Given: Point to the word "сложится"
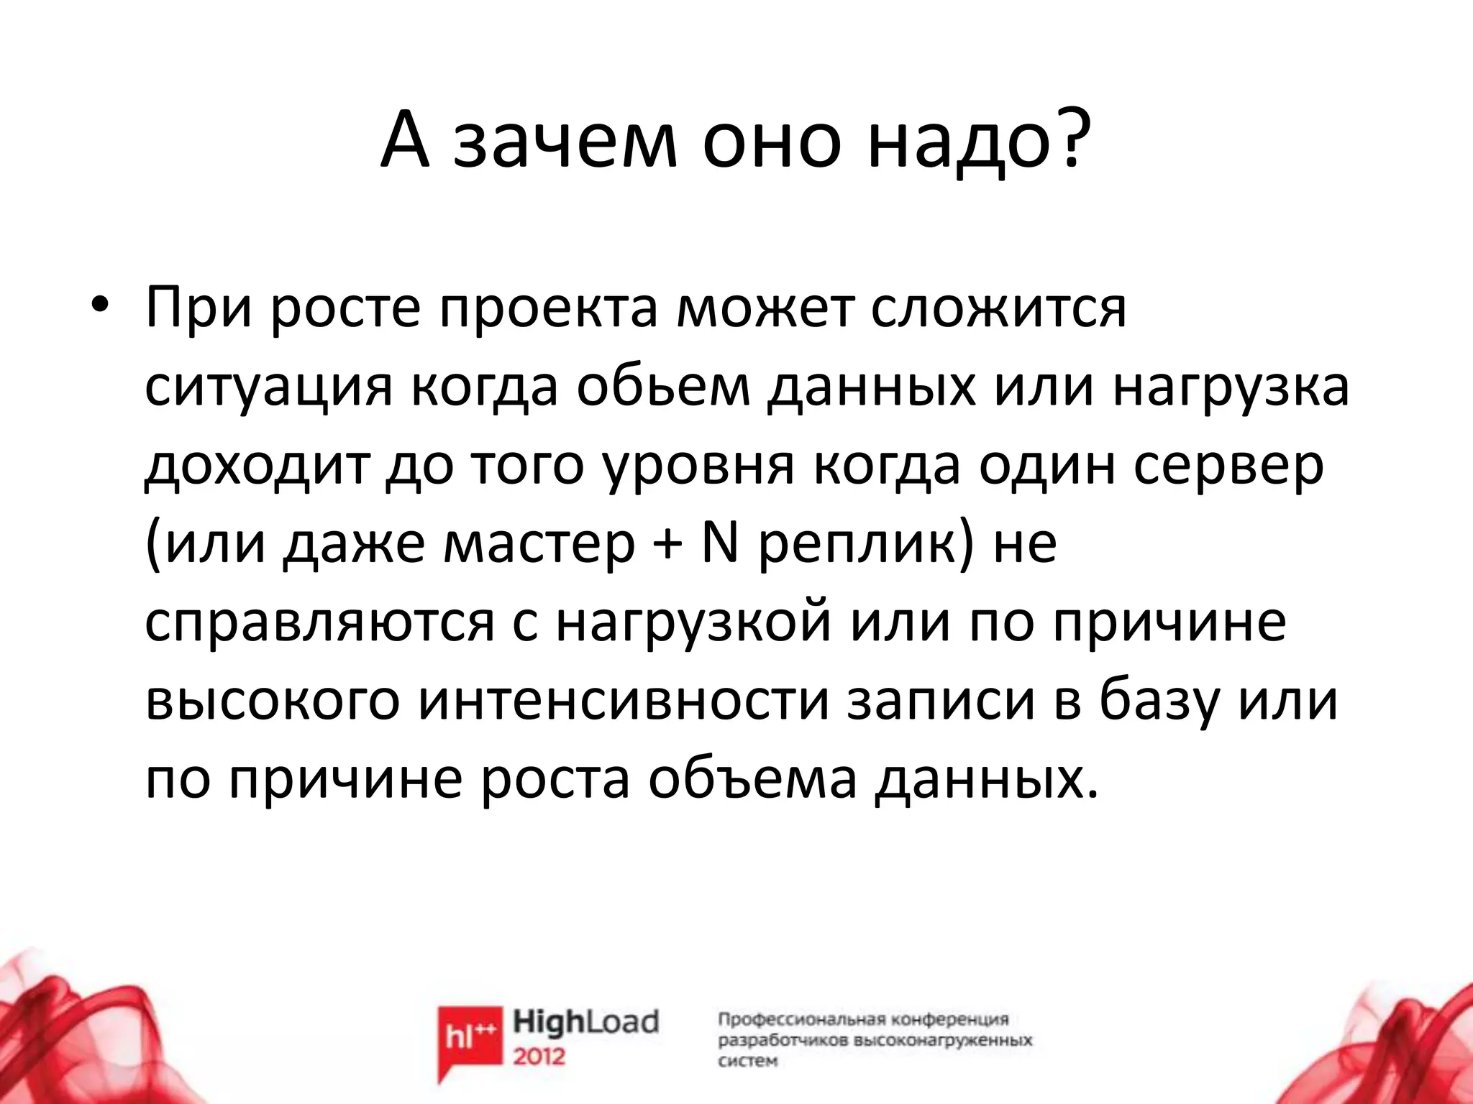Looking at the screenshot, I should click(999, 308).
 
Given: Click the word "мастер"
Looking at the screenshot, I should click(540, 543).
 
